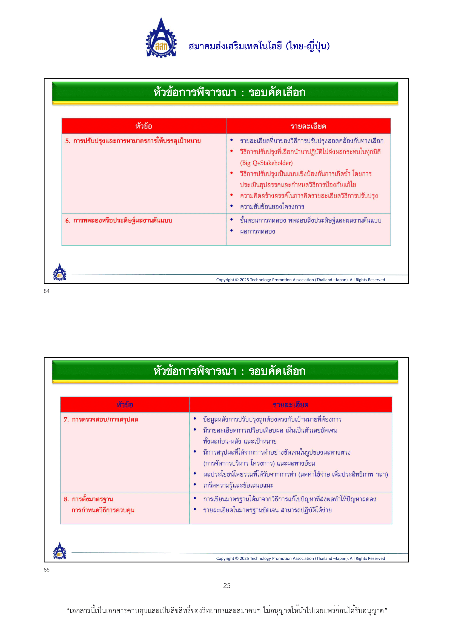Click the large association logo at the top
pyautogui.click(x=161, y=38)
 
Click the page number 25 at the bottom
pyautogui.click(x=226, y=585)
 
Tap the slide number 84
pyautogui.click(x=47, y=291)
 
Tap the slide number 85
pyautogui.click(x=47, y=570)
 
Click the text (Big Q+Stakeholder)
pyautogui.click(x=266, y=163)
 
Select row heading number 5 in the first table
pyautogui.click(x=133, y=141)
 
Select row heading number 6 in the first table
pyautogui.click(x=119, y=221)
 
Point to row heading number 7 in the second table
pyautogui.click(x=101, y=419)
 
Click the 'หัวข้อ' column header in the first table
pyautogui.click(x=144, y=126)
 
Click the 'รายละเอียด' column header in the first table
pyautogui.click(x=308, y=126)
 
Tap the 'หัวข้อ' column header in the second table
pyautogui.click(x=125, y=405)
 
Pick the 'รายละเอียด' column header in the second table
pyautogui.click(x=290, y=405)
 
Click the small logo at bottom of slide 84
pyautogui.click(x=60, y=272)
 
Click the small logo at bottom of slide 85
pyautogui.click(x=60, y=551)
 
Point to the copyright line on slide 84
pyautogui.click(x=300, y=280)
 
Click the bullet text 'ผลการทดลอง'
pyautogui.click(x=257, y=232)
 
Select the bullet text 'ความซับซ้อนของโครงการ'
pyautogui.click(x=272, y=207)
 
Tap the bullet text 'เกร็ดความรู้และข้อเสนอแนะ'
pyautogui.click(x=238, y=485)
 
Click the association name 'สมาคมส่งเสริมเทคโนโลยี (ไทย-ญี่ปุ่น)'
pyautogui.click(x=259, y=46)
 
